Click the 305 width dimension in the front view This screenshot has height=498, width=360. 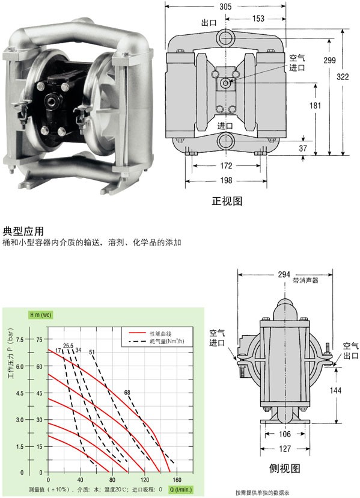coord(225,7)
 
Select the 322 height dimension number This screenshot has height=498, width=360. coord(343,76)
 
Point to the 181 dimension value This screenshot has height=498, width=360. coord(316,105)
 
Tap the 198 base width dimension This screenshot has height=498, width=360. coord(226,180)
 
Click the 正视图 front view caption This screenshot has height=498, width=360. coord(227,201)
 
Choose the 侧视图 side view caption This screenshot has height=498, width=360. coord(284,468)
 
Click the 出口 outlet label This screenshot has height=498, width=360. coord(209,23)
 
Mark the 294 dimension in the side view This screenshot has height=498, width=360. coord(284,274)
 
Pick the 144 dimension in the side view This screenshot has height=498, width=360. coord(335,390)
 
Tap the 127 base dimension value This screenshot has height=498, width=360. coord(285,449)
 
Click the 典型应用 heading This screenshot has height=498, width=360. coord(23,231)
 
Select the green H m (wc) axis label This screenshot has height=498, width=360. coord(41,315)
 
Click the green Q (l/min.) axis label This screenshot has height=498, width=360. coord(181,490)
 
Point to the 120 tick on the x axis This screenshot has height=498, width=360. coord(145,479)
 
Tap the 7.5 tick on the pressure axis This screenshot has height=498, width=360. coord(20,339)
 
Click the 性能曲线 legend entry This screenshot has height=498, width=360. coord(160,333)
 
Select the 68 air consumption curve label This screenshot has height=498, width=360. coord(127,393)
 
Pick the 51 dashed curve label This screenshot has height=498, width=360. coord(92,352)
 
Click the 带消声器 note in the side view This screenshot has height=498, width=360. coord(305,280)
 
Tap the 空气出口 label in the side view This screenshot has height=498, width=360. coord(351,350)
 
